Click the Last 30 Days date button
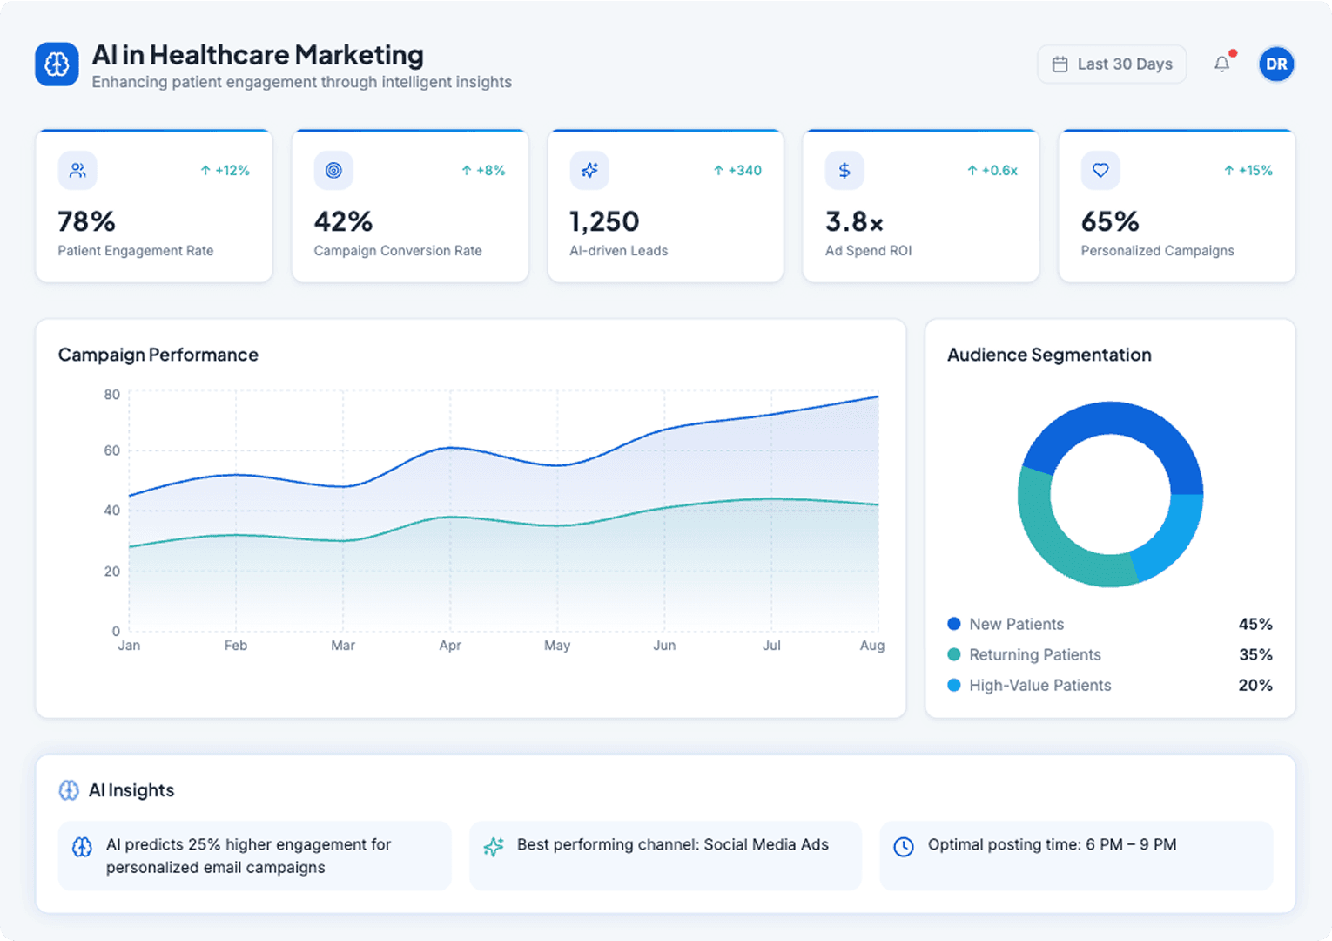(x=1112, y=64)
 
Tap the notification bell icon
(x=1222, y=64)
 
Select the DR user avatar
(x=1276, y=64)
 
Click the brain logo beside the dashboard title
(x=57, y=64)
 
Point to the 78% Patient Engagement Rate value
(x=86, y=222)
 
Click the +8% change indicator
(x=484, y=171)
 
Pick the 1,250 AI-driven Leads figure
(x=604, y=222)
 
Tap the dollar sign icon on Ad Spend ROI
(x=844, y=171)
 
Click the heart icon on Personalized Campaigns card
(x=1100, y=171)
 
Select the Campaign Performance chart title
(x=158, y=355)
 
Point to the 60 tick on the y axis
(x=111, y=450)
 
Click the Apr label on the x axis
(x=450, y=646)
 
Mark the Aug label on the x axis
(x=871, y=646)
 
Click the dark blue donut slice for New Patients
(x=1123, y=427)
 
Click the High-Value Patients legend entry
(x=1039, y=686)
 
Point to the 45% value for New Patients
(x=1255, y=625)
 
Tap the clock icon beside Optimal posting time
(x=904, y=847)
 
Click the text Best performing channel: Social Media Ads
(x=672, y=844)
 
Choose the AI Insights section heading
(x=131, y=790)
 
